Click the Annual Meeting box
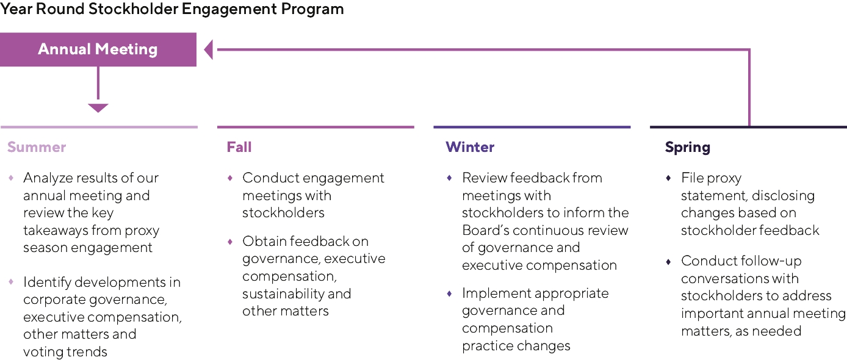click(x=98, y=49)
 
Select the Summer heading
click(x=37, y=146)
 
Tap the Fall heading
click(x=239, y=146)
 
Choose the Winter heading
click(x=470, y=146)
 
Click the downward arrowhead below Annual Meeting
click(x=98, y=108)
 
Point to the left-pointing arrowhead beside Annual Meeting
click(x=208, y=49)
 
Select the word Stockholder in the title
click(x=132, y=9)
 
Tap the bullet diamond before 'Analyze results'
click(x=12, y=178)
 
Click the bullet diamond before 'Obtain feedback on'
click(x=230, y=241)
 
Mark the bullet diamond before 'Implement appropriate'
click(x=449, y=293)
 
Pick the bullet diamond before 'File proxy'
click(x=669, y=178)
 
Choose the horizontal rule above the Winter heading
click(x=532, y=127)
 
